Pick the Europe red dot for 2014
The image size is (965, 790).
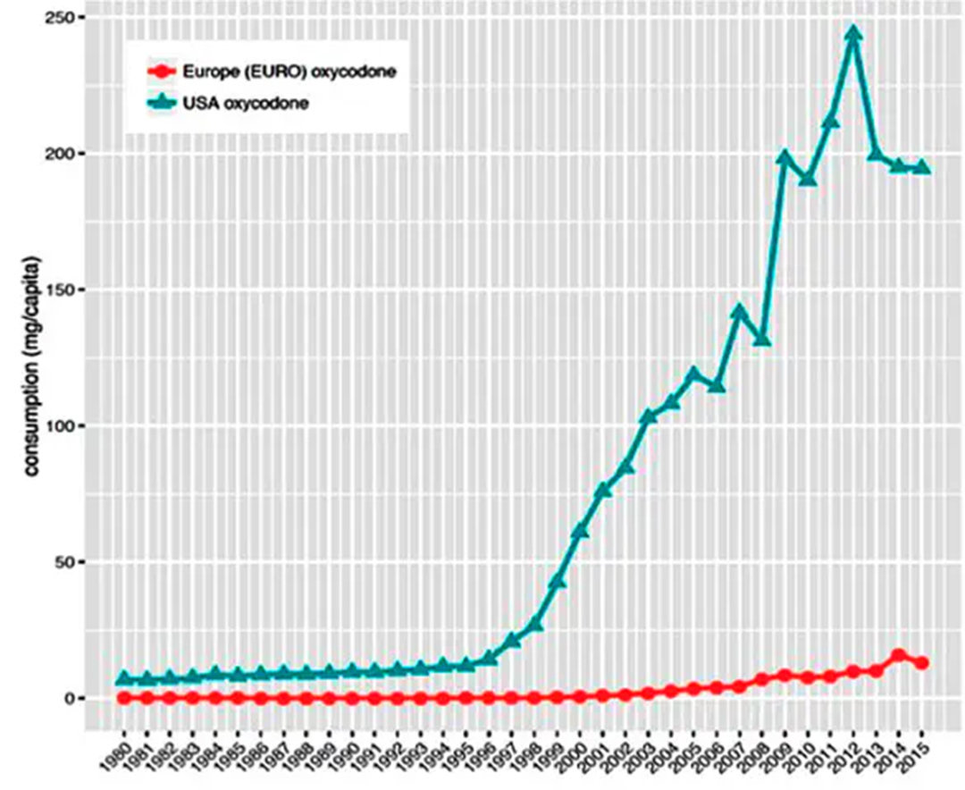[899, 656]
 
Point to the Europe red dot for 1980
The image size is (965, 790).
[123, 697]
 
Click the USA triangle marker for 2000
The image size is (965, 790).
[580, 531]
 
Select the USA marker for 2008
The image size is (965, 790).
[762, 339]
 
